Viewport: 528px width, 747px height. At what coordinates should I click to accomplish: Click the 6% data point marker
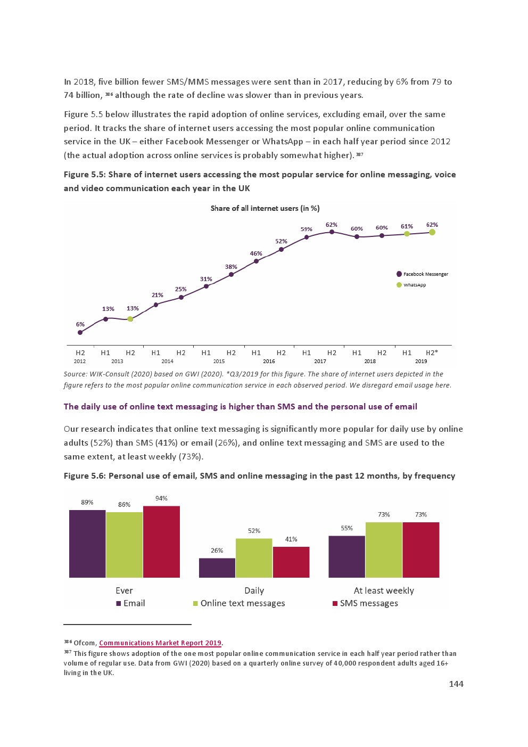(80, 332)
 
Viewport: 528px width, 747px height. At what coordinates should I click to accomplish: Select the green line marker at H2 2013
(130, 319)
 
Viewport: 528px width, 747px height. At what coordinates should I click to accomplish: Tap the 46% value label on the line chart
(256, 253)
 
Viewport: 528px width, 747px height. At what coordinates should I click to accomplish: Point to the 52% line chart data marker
(281, 249)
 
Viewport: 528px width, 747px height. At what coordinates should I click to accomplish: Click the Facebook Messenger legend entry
(423, 274)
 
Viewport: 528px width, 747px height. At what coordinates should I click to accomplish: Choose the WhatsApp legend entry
(412, 285)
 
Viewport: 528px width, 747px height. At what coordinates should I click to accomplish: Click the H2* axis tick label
(432, 352)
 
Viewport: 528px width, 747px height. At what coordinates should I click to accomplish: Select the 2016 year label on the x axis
(269, 361)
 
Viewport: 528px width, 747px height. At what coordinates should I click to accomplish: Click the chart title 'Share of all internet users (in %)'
(265, 208)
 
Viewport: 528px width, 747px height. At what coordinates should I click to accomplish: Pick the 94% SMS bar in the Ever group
(161, 541)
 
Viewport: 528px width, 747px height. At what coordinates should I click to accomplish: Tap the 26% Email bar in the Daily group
(217, 568)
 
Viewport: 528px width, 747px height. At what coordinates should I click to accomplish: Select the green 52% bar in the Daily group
(254, 557)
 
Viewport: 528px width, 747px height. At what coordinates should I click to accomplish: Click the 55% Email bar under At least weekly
(346, 556)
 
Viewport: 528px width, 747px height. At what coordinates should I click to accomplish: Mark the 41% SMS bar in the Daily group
(291, 562)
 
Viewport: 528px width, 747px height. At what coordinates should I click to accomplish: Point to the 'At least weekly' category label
(383, 590)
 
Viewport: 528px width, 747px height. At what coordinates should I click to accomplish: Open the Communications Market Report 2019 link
(160, 643)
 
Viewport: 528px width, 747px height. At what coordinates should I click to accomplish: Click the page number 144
(456, 684)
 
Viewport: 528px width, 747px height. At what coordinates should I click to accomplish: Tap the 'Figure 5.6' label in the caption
(84, 475)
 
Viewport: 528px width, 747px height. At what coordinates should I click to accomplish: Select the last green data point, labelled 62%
(432, 232)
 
